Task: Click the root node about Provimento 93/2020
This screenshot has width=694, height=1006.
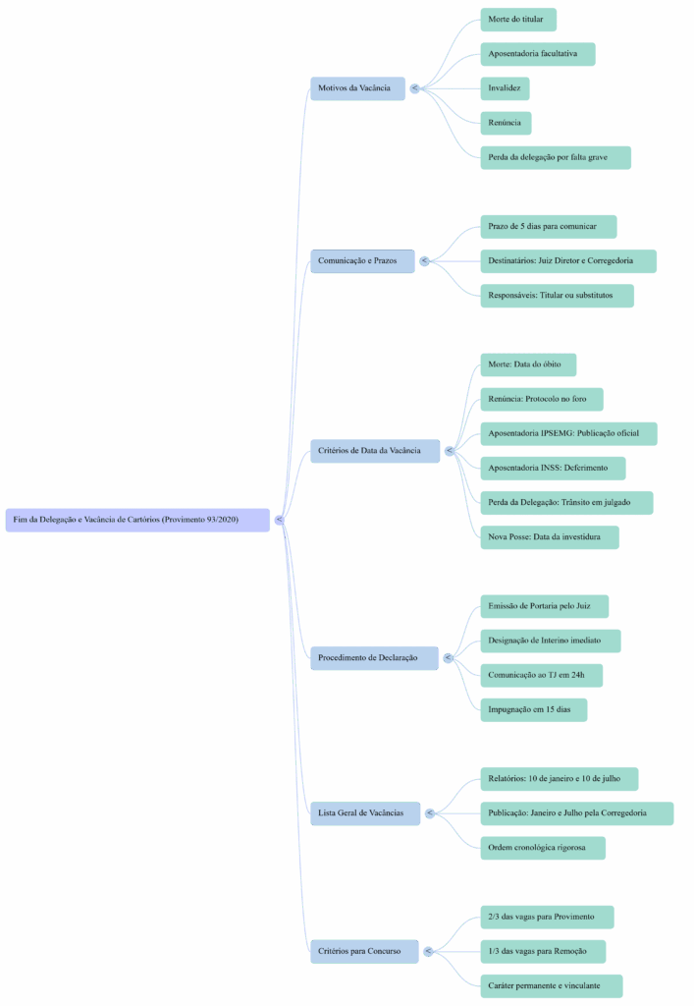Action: [x=137, y=520]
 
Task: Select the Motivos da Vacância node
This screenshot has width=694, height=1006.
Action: [x=357, y=88]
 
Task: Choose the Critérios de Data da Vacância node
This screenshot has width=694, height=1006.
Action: [x=374, y=451]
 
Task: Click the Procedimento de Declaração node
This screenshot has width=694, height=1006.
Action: [x=373, y=657]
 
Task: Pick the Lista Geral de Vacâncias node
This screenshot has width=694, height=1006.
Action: [x=365, y=813]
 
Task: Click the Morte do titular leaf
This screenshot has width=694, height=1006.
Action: [x=517, y=20]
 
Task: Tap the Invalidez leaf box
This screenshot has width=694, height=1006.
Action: [x=505, y=88]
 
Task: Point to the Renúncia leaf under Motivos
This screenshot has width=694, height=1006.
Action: [x=506, y=123]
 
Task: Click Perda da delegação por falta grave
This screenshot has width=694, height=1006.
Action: [x=555, y=157]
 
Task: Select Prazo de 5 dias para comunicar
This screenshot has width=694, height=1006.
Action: [x=548, y=227]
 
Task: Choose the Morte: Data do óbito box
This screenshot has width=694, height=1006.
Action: [x=527, y=364]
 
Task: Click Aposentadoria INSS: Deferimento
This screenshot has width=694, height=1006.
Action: [x=552, y=469]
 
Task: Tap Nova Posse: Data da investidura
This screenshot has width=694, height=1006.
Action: [x=549, y=537]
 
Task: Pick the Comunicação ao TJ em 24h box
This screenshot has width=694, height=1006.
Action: [x=540, y=675]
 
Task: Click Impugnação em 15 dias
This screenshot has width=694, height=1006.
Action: [x=533, y=709]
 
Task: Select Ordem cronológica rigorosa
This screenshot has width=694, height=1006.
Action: [x=542, y=848]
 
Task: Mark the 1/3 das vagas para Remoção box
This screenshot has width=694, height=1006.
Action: [x=542, y=951]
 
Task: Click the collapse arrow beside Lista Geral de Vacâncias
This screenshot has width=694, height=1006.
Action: [x=430, y=813]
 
